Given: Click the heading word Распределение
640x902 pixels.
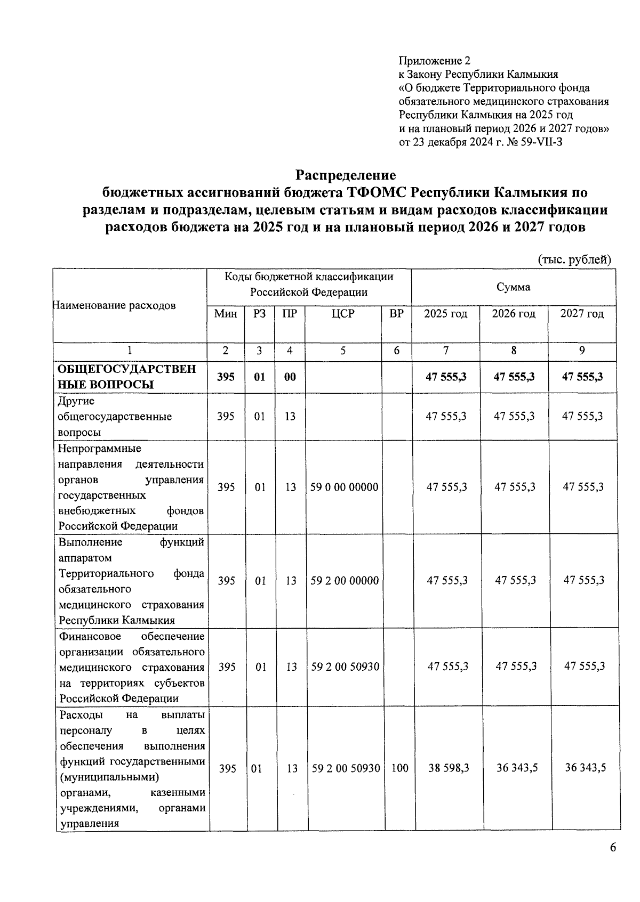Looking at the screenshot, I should click(x=346, y=175).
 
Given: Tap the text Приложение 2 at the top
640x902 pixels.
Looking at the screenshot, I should click(x=435, y=60).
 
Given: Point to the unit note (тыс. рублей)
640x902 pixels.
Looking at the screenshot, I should click(x=573, y=259).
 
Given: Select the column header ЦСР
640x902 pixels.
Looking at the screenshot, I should click(x=342, y=314).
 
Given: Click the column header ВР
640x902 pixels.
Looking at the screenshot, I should click(x=396, y=314).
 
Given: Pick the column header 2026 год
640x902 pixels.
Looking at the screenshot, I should click(x=514, y=314).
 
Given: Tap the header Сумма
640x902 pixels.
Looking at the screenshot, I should click(x=514, y=287).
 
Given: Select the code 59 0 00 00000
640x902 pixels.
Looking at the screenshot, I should click(x=345, y=487).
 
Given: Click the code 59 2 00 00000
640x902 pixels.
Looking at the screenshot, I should click(x=345, y=581).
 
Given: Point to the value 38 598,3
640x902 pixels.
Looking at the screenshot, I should click(x=448, y=768).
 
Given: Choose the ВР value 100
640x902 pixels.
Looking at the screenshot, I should click(x=399, y=768).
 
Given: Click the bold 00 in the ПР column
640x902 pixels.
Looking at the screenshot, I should click(x=290, y=377).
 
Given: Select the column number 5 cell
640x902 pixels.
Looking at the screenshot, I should click(x=342, y=351).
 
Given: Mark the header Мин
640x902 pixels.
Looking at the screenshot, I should click(x=226, y=314).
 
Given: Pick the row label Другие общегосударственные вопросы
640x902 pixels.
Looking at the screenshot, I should click(x=115, y=417).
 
